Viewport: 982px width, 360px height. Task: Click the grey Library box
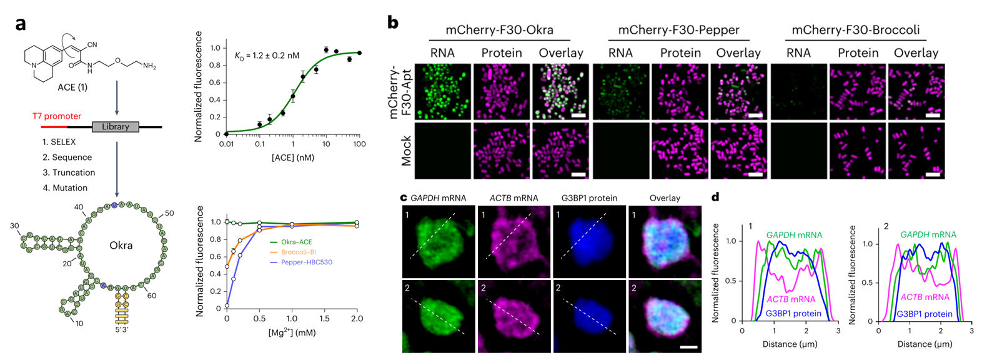(116, 127)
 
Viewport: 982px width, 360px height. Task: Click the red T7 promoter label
(57, 116)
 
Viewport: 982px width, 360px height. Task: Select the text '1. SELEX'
(59, 142)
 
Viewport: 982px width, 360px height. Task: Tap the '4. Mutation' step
(65, 187)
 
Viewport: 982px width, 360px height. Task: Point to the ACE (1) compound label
(72, 87)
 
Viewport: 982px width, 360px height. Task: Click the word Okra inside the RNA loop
(121, 246)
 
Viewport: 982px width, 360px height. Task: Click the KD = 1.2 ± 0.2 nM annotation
(267, 56)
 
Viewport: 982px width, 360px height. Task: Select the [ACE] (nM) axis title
(293, 157)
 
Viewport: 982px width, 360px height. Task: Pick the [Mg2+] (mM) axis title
(292, 332)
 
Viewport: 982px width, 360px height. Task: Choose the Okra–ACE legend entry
(296, 242)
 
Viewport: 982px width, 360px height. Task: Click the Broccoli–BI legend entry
(299, 252)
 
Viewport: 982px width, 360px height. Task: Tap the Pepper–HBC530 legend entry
(306, 262)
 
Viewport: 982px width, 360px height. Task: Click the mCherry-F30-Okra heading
(499, 30)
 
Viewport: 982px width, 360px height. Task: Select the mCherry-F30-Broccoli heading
(856, 30)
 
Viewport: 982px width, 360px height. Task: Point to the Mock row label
(406, 151)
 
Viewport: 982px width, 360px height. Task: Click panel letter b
(393, 22)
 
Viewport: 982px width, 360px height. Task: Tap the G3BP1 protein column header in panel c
(589, 198)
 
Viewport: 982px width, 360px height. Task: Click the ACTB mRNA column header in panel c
(513, 198)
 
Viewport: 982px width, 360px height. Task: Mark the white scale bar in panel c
(688, 346)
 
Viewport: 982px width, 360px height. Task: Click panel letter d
(715, 197)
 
